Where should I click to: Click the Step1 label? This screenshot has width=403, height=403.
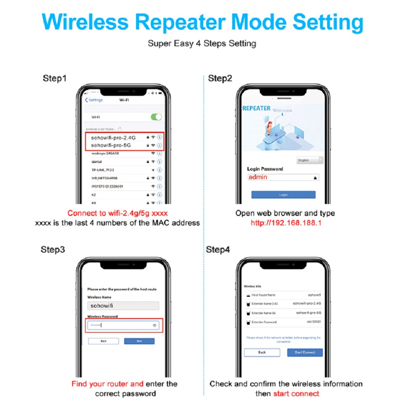(55, 79)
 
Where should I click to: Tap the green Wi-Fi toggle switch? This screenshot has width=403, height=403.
(156, 117)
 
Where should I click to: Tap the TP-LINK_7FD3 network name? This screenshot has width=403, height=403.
(103, 170)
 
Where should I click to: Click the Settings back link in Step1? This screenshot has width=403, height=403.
(94, 100)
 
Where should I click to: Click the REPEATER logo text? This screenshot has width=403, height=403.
(256, 108)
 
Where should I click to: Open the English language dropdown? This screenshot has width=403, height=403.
(309, 160)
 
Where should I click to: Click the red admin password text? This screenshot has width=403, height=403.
(258, 177)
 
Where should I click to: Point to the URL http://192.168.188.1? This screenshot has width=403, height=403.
(286, 223)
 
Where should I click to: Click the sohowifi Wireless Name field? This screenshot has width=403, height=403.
(123, 306)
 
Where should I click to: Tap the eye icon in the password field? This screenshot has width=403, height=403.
(154, 325)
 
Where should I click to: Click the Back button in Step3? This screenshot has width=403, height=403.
(103, 341)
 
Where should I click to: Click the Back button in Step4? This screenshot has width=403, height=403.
(262, 352)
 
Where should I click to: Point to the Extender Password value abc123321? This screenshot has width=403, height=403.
(314, 322)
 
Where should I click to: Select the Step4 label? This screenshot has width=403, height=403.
(218, 250)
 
